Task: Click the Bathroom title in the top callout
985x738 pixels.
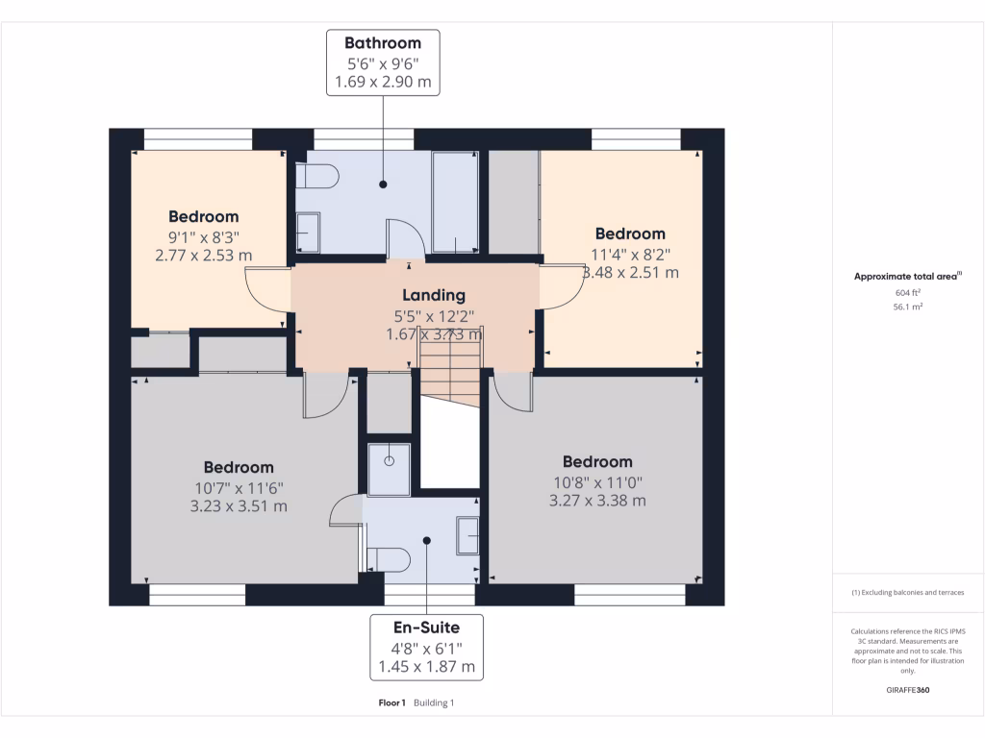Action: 383,43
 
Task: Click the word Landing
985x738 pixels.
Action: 433,295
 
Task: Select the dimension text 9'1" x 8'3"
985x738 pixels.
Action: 203,236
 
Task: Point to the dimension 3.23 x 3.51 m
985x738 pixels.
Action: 239,505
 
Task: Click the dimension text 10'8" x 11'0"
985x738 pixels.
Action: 597,481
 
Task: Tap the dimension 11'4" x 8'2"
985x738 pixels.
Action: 630,254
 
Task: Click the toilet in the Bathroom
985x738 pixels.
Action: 318,177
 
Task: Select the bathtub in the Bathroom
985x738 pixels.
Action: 455,202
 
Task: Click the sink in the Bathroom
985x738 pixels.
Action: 308,232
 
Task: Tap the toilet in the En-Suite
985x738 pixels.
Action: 390,558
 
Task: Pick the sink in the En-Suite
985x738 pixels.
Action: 467,535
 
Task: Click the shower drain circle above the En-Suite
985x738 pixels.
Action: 390,460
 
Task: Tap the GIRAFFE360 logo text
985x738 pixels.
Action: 908,690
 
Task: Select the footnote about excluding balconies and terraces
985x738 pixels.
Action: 907,593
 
